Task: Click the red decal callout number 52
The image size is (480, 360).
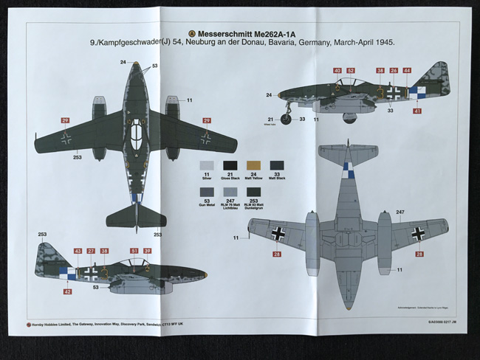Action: [351, 71]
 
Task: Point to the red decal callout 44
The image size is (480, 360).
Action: [407, 71]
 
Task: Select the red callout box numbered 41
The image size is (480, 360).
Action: [417, 111]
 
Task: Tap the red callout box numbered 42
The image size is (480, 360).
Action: [68, 291]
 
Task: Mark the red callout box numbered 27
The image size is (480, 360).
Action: [91, 252]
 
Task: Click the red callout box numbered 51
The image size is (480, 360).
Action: [134, 252]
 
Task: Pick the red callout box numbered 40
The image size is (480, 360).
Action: [337, 71]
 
